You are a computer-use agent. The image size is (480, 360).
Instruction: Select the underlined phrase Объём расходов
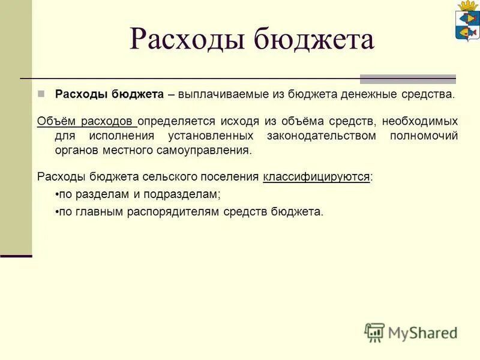click(x=87, y=121)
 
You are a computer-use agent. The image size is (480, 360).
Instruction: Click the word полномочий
click(x=424, y=136)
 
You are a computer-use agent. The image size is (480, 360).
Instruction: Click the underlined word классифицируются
click(x=316, y=177)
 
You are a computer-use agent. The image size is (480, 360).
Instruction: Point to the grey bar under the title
click(x=407, y=79)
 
